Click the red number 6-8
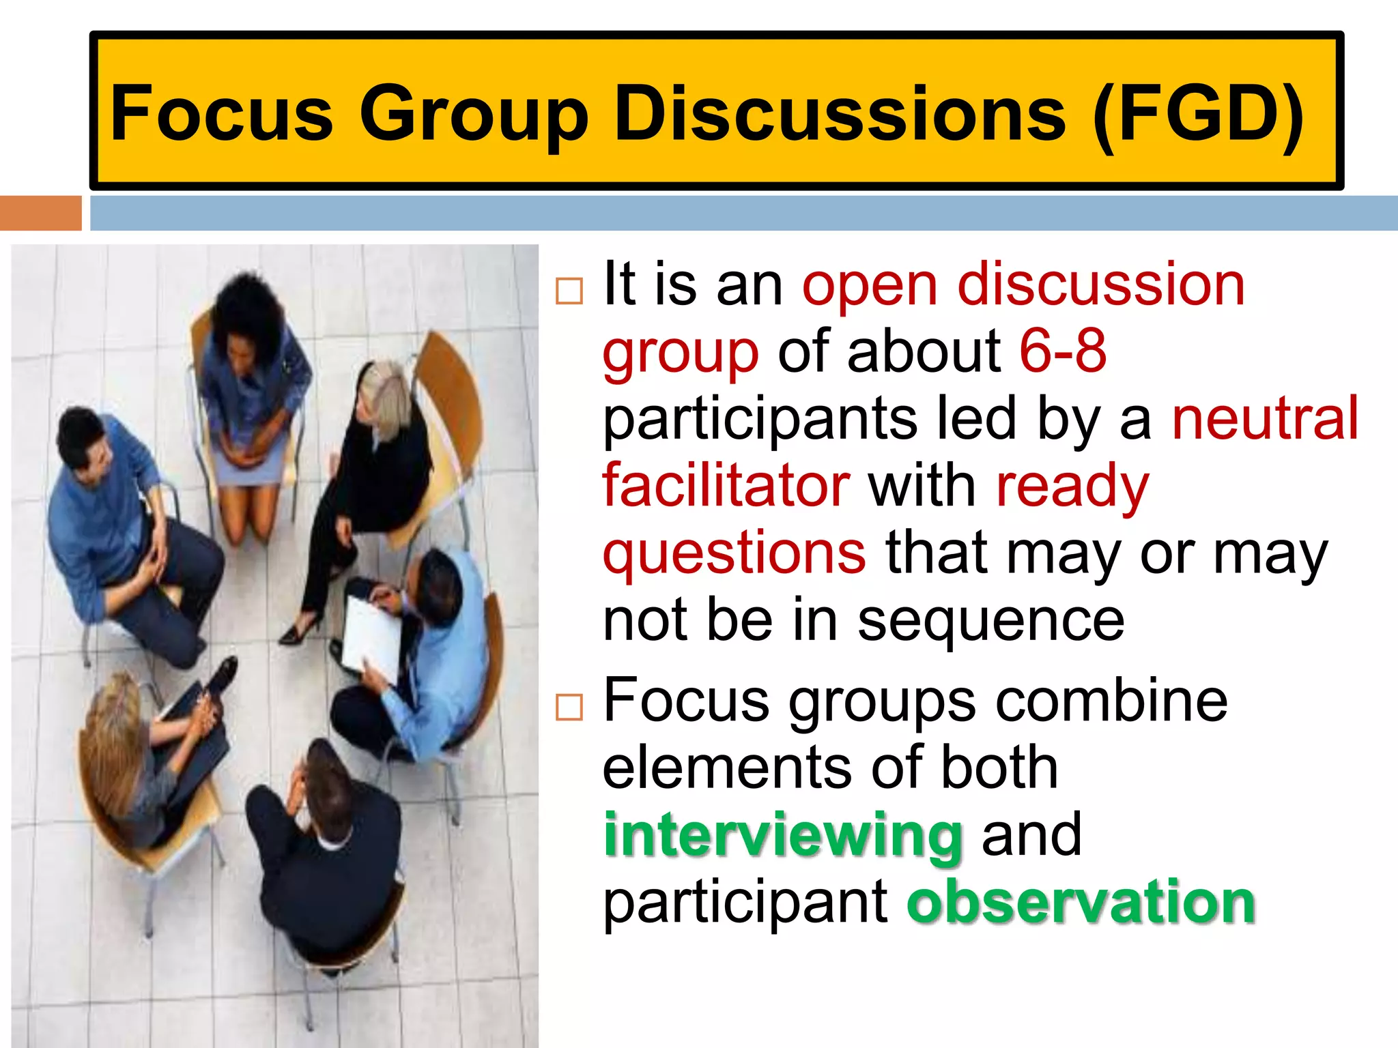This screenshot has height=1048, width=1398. coord(1062,351)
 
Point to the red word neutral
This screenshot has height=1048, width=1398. coord(1265,418)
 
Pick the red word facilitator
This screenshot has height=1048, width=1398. coord(726,485)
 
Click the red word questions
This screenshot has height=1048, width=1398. coord(734,553)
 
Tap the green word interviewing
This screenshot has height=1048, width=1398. coord(784,835)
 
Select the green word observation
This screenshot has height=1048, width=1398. coord(1081,902)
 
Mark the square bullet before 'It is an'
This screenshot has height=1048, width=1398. coord(569,291)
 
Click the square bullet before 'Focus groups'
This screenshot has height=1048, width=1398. coord(569,708)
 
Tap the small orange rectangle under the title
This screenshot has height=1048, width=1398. coord(40,213)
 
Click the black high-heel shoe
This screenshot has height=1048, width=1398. coord(300,631)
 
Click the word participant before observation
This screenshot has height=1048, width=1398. coord(746,902)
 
